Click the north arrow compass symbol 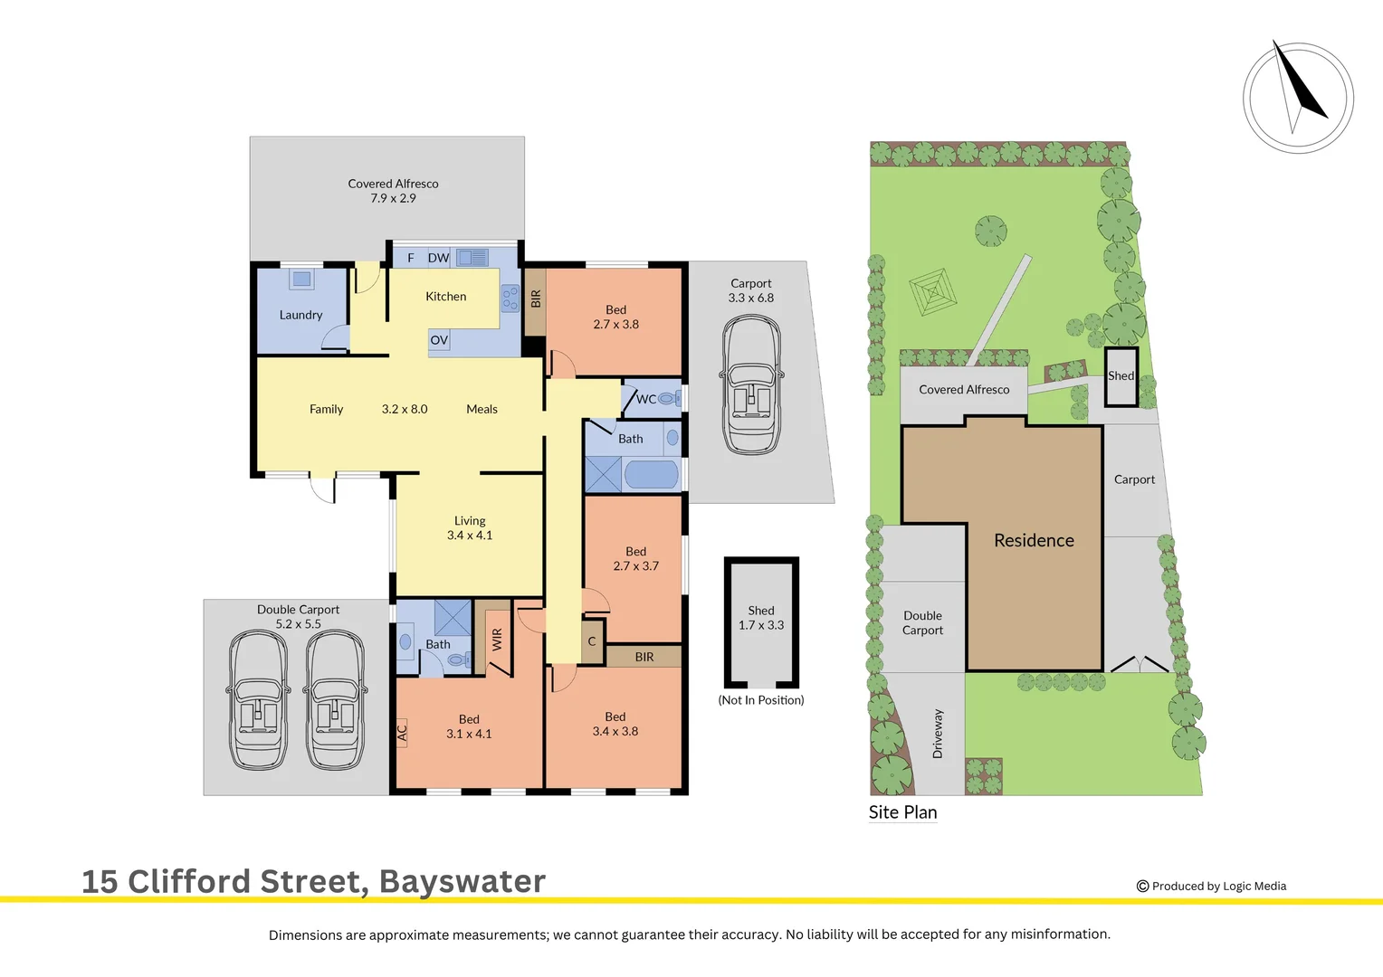click(1298, 97)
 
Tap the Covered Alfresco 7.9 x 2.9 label click(393, 191)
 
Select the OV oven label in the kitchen click(439, 340)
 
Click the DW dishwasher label click(438, 258)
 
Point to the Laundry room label click(300, 315)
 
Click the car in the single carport click(751, 384)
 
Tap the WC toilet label click(646, 399)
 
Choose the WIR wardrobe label click(497, 640)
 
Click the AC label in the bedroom click(403, 733)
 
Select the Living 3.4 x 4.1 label click(470, 528)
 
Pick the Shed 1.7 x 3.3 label click(761, 618)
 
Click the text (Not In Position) click(761, 700)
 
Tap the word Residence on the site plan click(1034, 540)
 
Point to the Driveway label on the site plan click(938, 733)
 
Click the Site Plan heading click(902, 812)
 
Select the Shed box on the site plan click(1121, 376)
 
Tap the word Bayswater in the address click(462, 881)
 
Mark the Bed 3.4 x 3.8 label click(615, 724)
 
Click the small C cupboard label click(592, 641)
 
